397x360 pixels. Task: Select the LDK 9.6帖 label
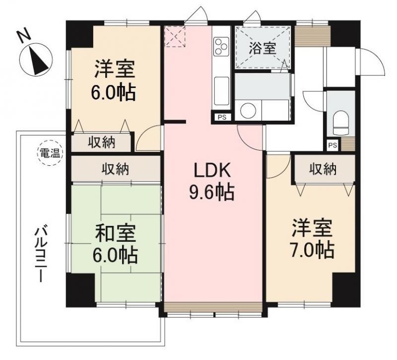point(212,182)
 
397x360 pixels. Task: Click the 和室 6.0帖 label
point(115,244)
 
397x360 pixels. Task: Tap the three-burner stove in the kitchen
point(221,46)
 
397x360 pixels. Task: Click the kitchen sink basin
point(221,90)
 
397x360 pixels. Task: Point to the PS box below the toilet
point(332,145)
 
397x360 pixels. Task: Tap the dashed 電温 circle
point(50,153)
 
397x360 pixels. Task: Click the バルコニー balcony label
point(41,254)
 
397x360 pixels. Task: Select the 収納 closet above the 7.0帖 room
point(323,169)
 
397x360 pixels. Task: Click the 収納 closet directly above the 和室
point(116,169)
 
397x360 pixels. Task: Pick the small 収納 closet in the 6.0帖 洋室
point(102,143)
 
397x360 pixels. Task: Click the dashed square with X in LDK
point(175,37)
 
